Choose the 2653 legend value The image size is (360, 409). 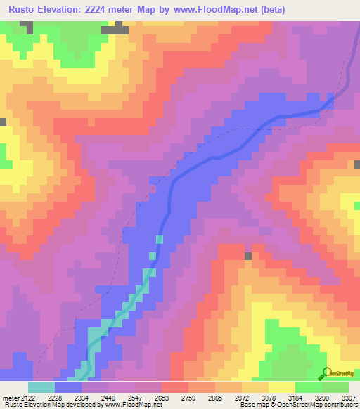[162, 397]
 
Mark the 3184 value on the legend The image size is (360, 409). [295, 397]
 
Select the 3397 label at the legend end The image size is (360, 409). [348, 397]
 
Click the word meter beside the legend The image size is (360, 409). [10, 397]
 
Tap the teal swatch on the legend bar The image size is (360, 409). [41, 387]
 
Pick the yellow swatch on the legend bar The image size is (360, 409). [281, 387]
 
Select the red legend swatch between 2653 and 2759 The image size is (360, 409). [174, 387]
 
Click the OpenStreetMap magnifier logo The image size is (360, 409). [327, 373]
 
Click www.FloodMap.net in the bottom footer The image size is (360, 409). [129, 405]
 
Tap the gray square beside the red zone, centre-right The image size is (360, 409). [247, 256]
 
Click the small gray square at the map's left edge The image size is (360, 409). [3, 122]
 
